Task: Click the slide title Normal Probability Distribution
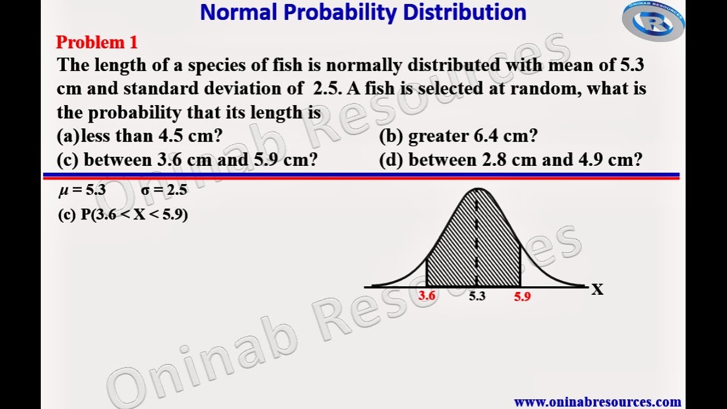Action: (363, 12)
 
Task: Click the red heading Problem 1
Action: (97, 42)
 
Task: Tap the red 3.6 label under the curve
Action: (427, 295)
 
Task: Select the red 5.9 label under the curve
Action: (522, 296)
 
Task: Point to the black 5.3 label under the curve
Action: (477, 296)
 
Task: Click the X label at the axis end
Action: (597, 290)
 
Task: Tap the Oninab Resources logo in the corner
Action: (653, 22)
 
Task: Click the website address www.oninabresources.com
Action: (598, 402)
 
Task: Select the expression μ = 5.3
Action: (82, 190)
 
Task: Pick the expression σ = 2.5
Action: (164, 190)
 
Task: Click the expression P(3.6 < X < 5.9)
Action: (123, 215)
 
